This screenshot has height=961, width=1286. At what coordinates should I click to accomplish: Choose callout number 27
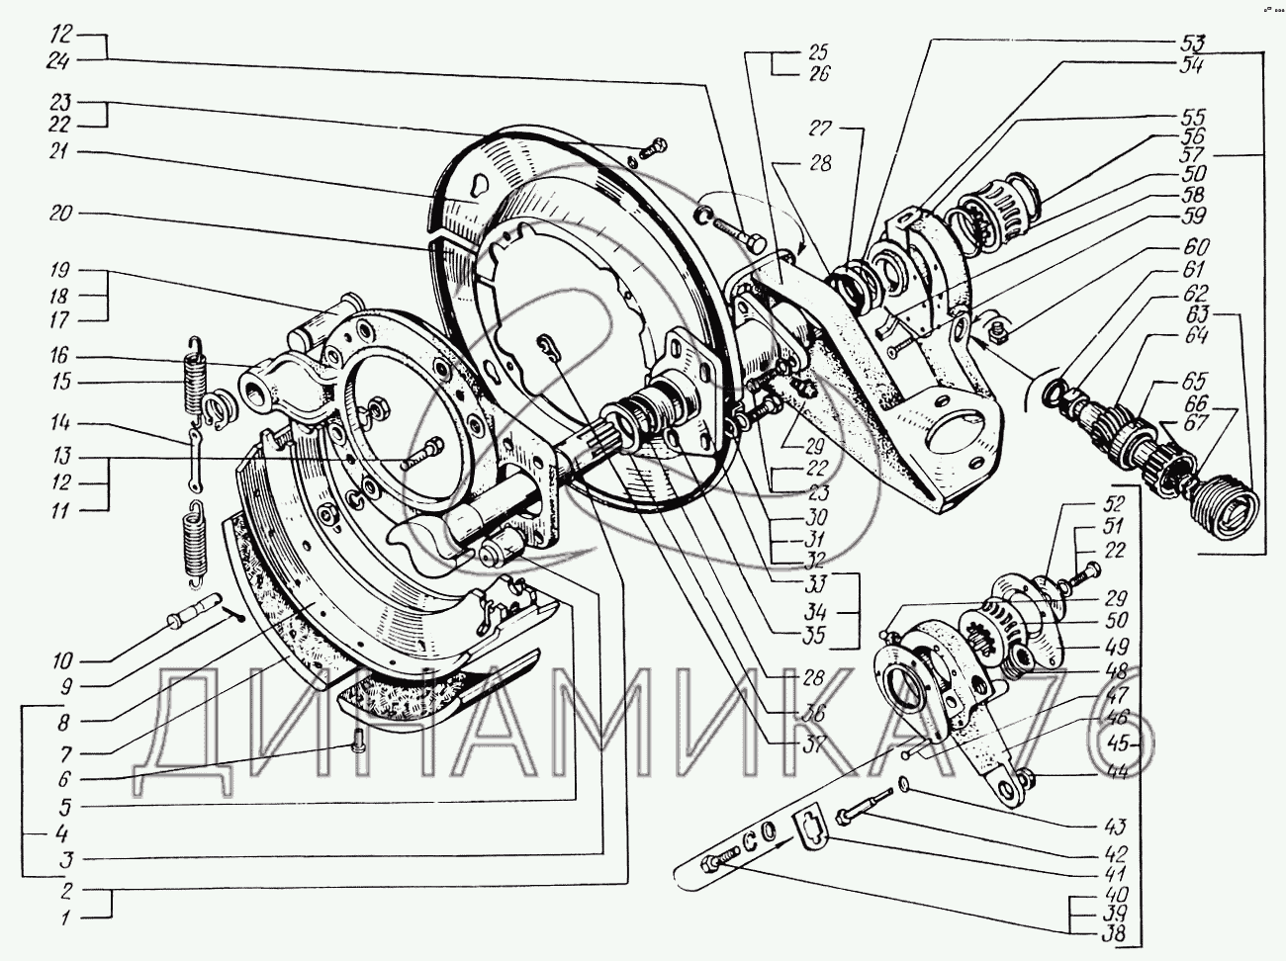click(821, 128)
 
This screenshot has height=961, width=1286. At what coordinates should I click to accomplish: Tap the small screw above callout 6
click(357, 743)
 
